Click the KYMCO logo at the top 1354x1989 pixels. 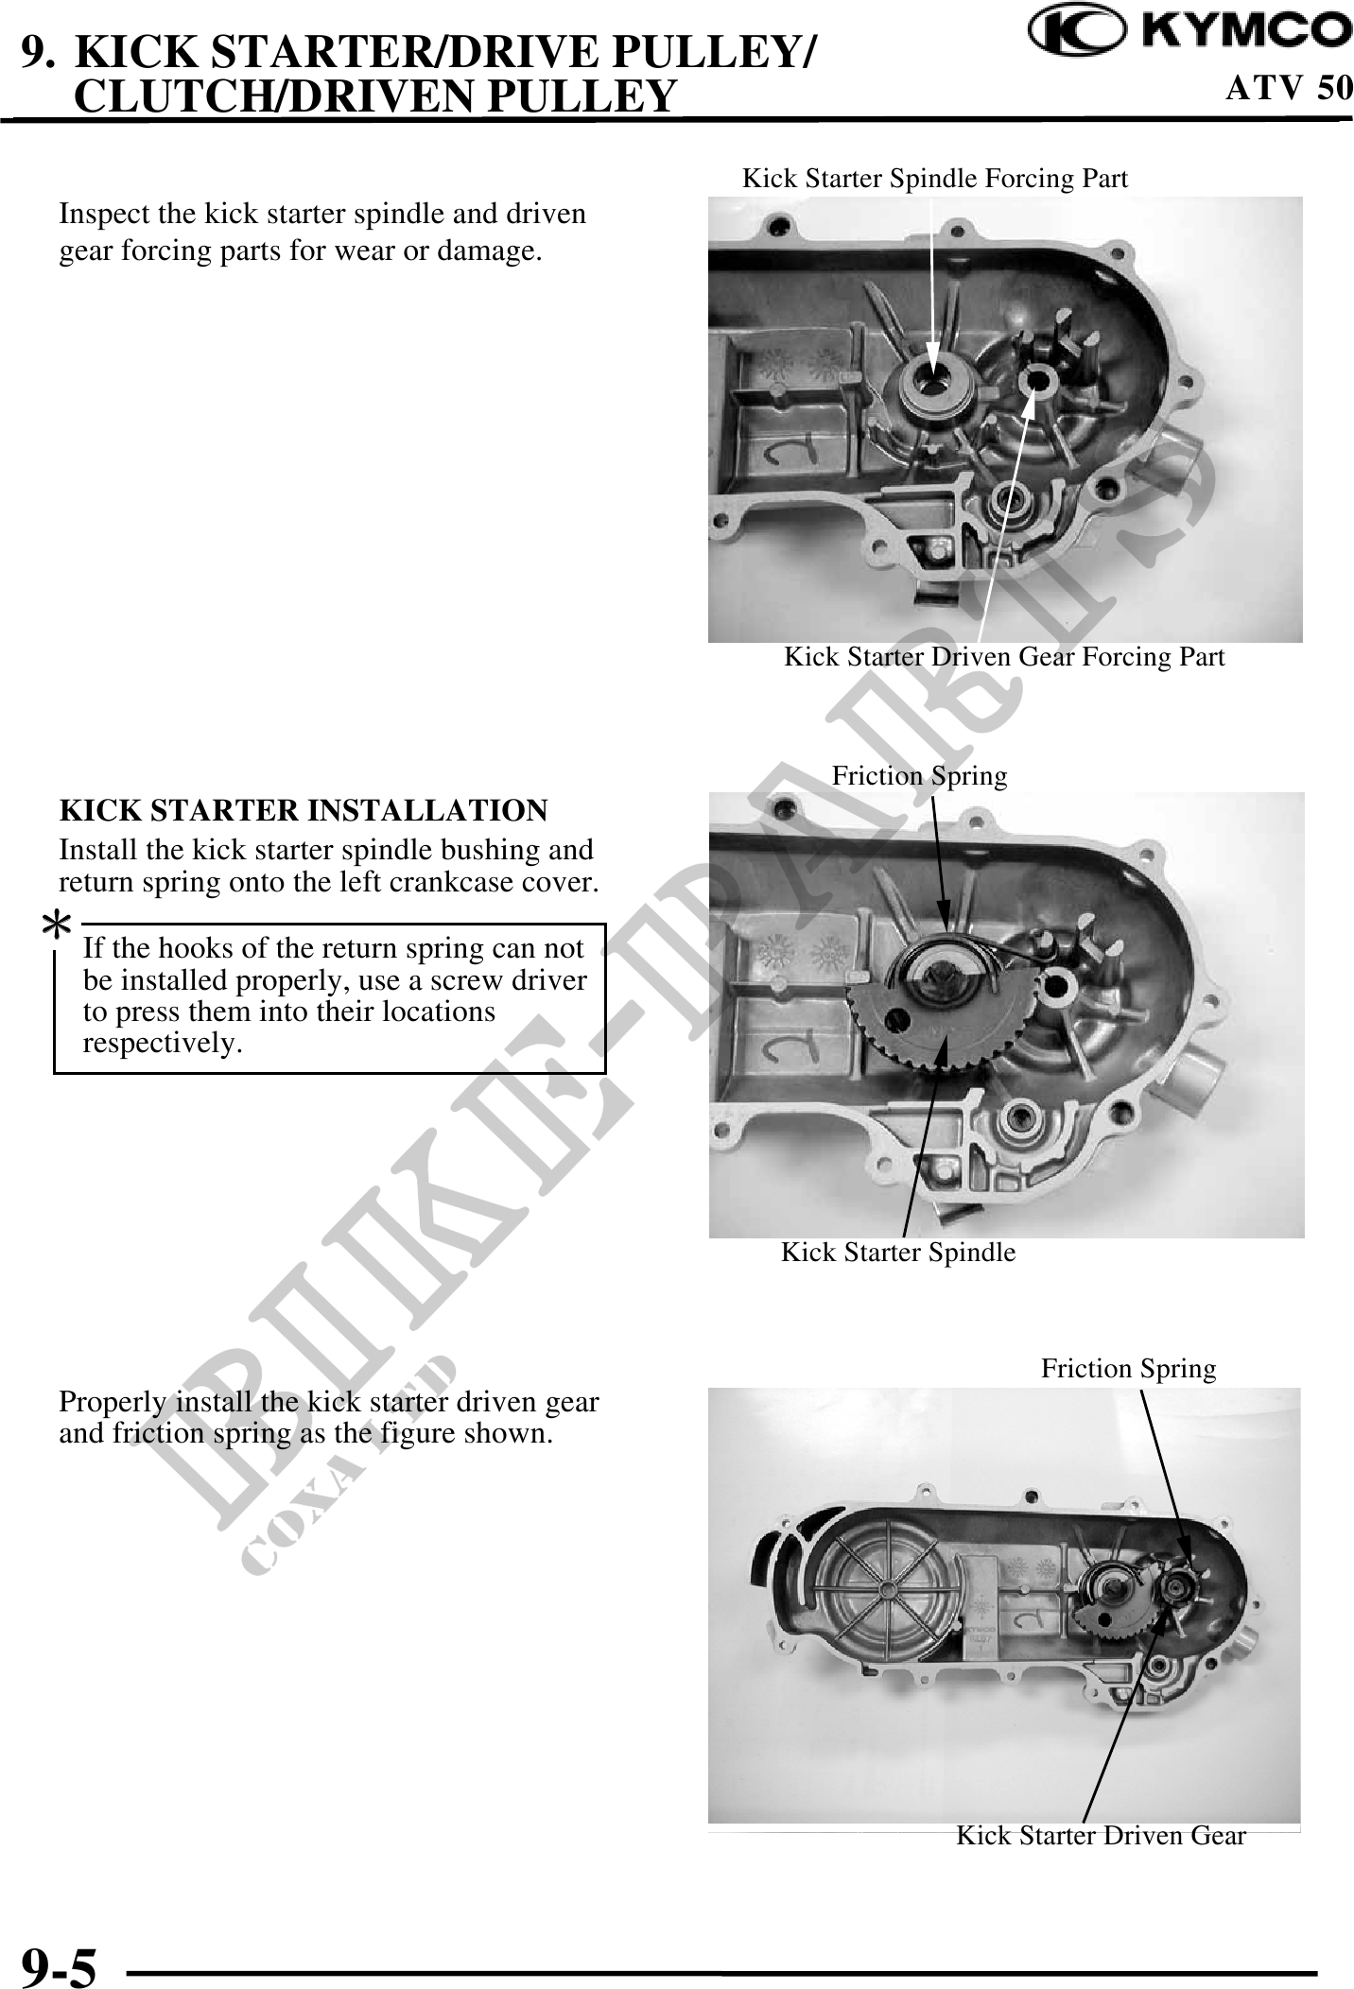point(1190,31)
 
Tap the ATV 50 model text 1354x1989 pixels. point(1289,88)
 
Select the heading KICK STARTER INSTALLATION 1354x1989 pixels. point(304,810)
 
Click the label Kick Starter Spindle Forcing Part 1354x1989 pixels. point(934,178)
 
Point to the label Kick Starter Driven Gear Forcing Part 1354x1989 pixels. point(1004,656)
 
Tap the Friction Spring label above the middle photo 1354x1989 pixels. point(919,775)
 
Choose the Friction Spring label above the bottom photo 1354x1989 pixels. point(1128,1368)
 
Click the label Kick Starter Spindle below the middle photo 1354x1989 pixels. point(898,1252)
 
